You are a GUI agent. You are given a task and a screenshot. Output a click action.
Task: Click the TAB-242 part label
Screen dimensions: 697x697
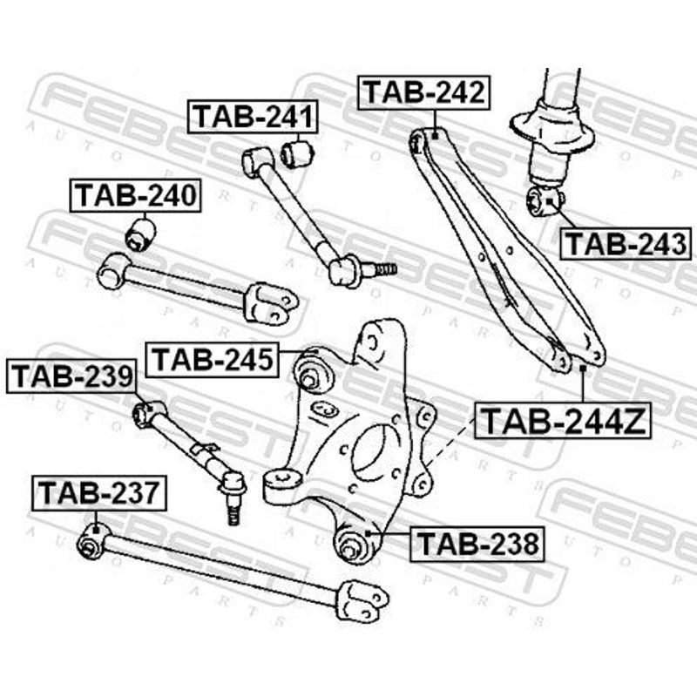(x=423, y=93)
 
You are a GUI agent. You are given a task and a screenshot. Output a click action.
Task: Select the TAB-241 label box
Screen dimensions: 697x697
(x=253, y=117)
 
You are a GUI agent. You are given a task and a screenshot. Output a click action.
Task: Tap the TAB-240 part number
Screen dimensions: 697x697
(x=135, y=195)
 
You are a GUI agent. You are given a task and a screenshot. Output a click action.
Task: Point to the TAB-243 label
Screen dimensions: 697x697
(x=626, y=244)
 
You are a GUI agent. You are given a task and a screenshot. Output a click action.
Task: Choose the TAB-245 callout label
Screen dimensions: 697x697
(x=213, y=359)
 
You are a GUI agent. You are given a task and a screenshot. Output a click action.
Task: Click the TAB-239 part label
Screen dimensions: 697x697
(x=71, y=376)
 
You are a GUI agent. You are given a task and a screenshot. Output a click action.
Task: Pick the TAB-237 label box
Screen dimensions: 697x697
(x=98, y=493)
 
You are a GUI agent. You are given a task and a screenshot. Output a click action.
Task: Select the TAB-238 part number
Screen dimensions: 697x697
(x=477, y=543)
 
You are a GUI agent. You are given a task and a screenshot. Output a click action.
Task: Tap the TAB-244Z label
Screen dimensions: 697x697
(x=562, y=420)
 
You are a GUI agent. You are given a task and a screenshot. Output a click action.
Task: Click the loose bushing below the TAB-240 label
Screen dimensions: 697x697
(x=140, y=233)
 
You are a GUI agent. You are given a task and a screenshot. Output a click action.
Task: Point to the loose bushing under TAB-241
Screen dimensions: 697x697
(x=297, y=153)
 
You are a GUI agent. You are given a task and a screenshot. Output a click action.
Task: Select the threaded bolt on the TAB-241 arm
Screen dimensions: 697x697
(x=379, y=269)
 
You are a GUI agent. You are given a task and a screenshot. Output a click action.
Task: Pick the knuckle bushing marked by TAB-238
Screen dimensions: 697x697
(x=353, y=543)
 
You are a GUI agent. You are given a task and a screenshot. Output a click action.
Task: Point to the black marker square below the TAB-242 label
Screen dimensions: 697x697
(x=435, y=136)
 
